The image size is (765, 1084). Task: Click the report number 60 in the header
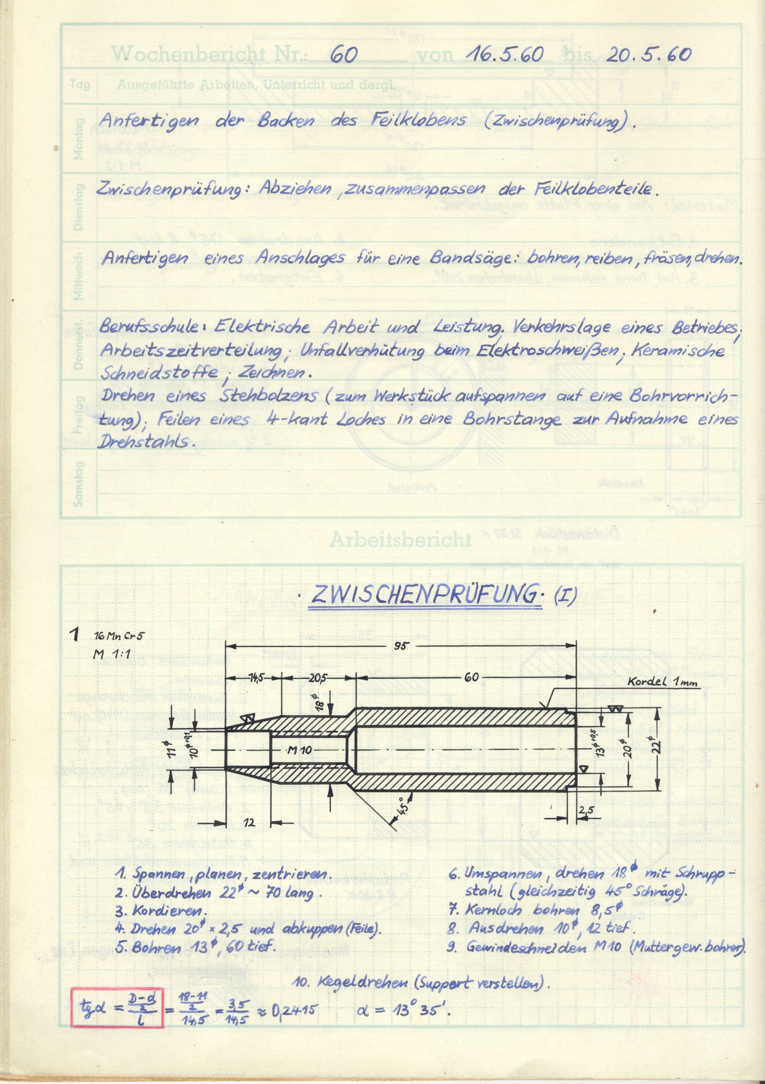tap(343, 56)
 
